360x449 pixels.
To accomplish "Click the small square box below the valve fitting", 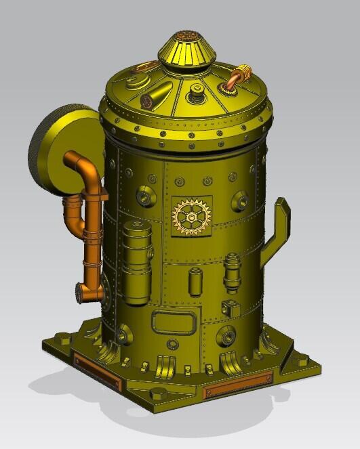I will pos(232,308).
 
